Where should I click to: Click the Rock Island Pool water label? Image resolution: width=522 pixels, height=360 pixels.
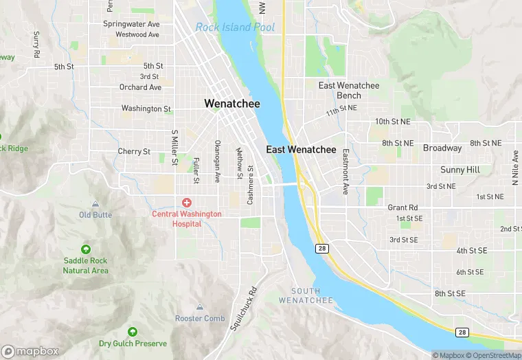[x=235, y=27]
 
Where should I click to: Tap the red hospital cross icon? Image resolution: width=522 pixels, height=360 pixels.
[x=186, y=202]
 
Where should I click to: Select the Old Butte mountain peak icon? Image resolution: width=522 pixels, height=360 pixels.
[x=95, y=204]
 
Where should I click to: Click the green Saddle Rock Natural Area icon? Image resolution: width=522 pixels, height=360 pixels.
[x=86, y=249]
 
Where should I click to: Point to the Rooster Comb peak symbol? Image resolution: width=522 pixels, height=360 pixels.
[x=200, y=307]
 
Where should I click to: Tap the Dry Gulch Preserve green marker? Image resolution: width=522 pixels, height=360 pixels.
[x=133, y=332]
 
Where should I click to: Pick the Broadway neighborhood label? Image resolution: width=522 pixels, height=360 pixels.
[x=442, y=148]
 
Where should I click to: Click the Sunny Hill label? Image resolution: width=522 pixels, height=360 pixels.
[x=460, y=170]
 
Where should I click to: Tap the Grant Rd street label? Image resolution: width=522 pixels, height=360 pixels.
[x=402, y=207]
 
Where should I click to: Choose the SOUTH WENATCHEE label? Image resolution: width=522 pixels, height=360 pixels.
[x=306, y=296]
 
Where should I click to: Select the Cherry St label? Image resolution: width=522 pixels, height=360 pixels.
[x=134, y=151]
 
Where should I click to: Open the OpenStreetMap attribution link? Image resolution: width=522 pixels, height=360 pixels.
[x=492, y=355]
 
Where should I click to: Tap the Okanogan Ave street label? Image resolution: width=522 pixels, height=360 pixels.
[x=218, y=162]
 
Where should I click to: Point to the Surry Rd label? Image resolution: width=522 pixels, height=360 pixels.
[x=36, y=44]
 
